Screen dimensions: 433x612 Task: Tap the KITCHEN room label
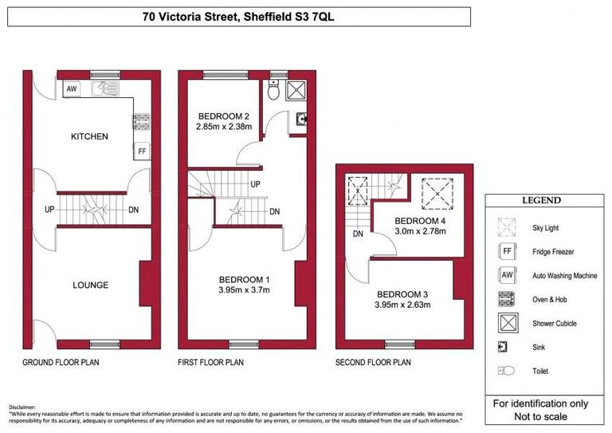[89, 136]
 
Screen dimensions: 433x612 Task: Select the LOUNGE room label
[90, 285]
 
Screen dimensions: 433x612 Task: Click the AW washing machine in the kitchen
[72, 89]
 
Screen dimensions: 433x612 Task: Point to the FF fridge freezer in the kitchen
[142, 151]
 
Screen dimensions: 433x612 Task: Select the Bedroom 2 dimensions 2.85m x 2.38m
[223, 126]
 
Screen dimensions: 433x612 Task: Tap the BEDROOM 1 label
[245, 279]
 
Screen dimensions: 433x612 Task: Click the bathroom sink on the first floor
[301, 121]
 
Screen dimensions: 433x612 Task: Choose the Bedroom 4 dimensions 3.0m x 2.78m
[419, 231]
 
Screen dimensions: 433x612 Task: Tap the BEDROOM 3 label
[402, 293]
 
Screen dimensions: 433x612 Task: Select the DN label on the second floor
[358, 234]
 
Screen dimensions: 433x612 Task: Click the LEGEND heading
[541, 200]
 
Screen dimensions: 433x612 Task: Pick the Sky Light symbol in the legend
[506, 228]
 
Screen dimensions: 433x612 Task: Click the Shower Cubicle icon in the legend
[506, 323]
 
